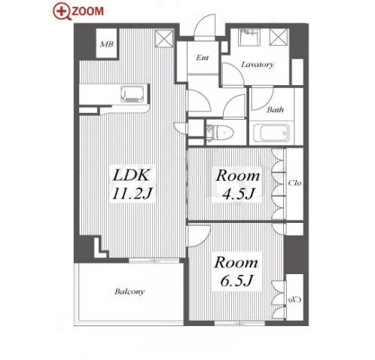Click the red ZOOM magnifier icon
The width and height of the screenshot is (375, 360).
(62, 11)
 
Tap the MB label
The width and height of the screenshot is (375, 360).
(107, 44)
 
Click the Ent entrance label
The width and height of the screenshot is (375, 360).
(203, 58)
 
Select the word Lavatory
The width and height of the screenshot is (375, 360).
(257, 65)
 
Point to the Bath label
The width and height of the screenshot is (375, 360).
(275, 110)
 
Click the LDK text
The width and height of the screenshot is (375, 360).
(131, 175)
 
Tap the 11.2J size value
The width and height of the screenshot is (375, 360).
(132, 194)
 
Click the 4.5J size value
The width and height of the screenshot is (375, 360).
(239, 194)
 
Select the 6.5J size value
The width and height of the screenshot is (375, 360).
(236, 280)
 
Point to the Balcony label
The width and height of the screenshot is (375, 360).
(130, 291)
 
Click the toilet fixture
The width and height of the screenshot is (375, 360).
(220, 132)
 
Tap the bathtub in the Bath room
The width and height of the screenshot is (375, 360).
(271, 133)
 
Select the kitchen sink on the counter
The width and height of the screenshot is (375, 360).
(133, 94)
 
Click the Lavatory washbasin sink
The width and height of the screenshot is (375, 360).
(248, 38)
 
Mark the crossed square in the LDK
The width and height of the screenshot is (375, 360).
(164, 38)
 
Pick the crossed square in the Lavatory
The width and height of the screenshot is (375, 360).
(279, 37)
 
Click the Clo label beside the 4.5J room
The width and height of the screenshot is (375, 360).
(294, 183)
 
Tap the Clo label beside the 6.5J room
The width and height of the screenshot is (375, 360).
(294, 300)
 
